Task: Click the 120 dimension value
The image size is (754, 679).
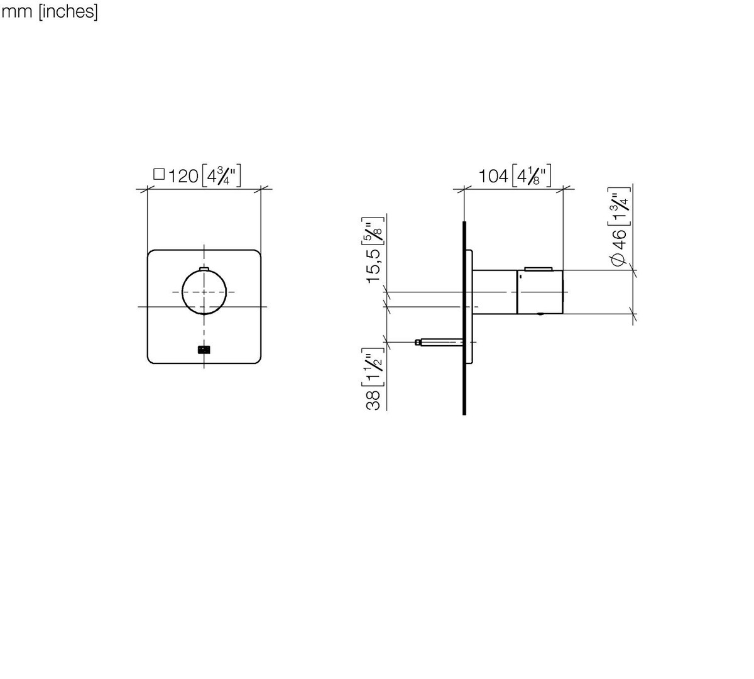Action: tap(183, 176)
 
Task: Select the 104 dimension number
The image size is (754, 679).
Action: tap(493, 176)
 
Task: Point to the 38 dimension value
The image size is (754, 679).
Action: tap(373, 400)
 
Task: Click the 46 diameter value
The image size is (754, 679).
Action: tap(619, 240)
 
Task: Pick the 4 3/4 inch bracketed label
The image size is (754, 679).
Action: tap(221, 175)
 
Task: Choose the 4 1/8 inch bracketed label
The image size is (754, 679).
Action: tap(532, 175)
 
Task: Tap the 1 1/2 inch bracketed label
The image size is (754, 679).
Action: tap(373, 368)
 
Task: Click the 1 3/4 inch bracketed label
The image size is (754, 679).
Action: tap(619, 207)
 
